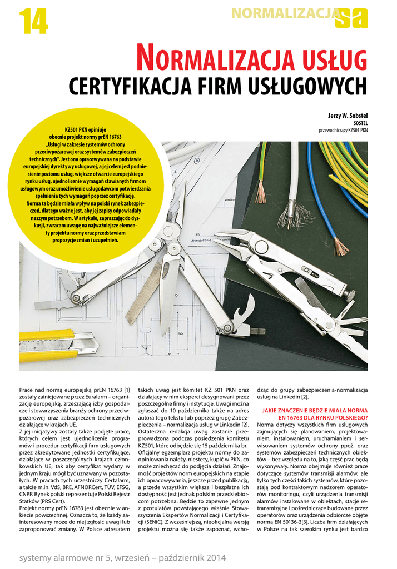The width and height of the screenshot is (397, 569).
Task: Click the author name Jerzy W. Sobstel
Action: point(344,116)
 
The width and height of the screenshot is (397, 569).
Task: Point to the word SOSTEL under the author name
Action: point(360,123)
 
